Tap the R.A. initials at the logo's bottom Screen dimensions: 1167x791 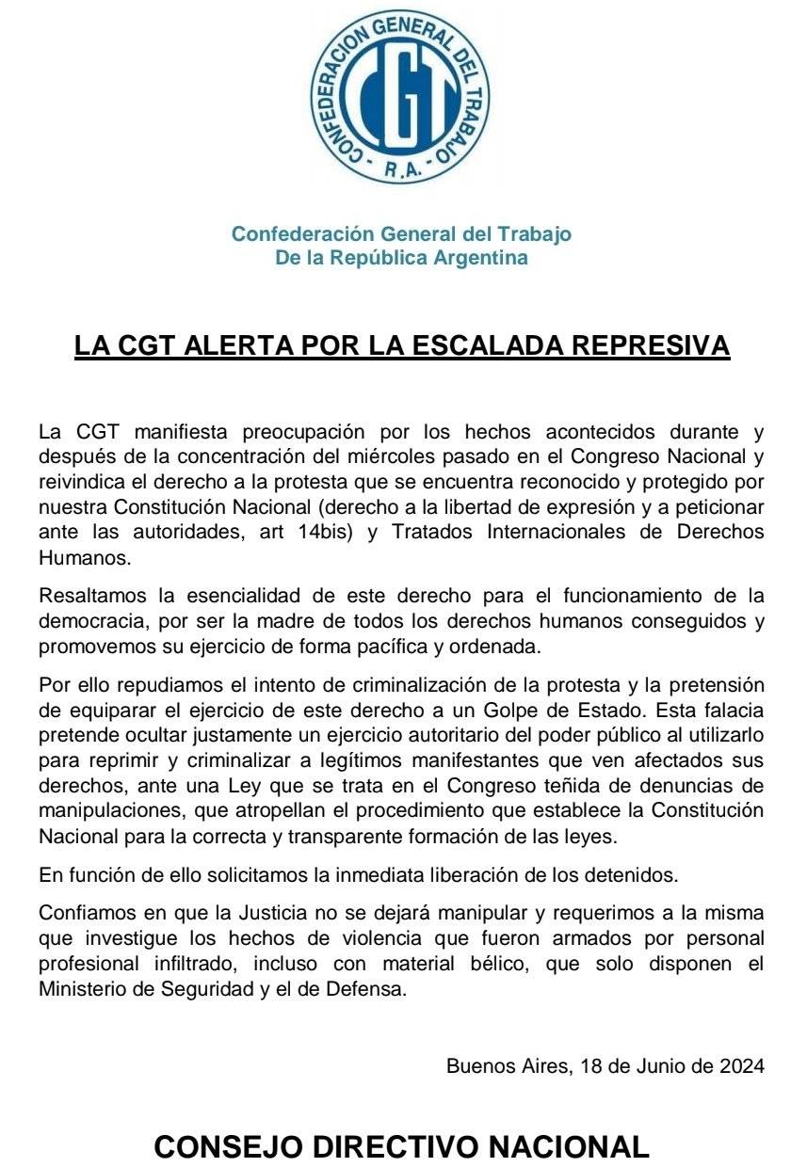[x=402, y=171]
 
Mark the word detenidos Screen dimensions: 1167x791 [x=633, y=874]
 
